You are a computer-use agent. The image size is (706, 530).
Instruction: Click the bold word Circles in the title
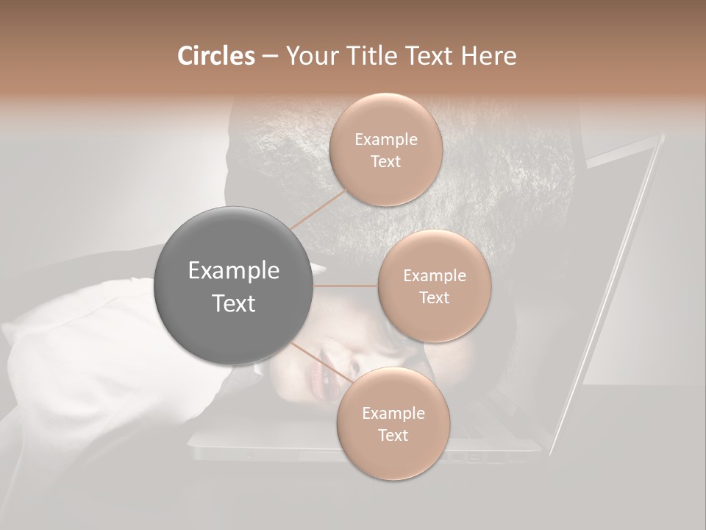point(216,56)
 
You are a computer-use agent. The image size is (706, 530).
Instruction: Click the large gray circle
point(234,286)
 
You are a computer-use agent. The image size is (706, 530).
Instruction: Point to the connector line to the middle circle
point(346,286)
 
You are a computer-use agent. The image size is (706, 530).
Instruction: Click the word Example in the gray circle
point(234,271)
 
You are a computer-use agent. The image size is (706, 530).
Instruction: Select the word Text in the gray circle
point(234,303)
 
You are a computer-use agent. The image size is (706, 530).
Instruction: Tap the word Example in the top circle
point(386,139)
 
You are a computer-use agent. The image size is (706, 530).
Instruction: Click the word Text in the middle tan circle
point(434,298)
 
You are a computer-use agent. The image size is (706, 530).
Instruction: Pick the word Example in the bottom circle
point(393,413)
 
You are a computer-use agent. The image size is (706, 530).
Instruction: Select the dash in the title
point(270,57)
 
